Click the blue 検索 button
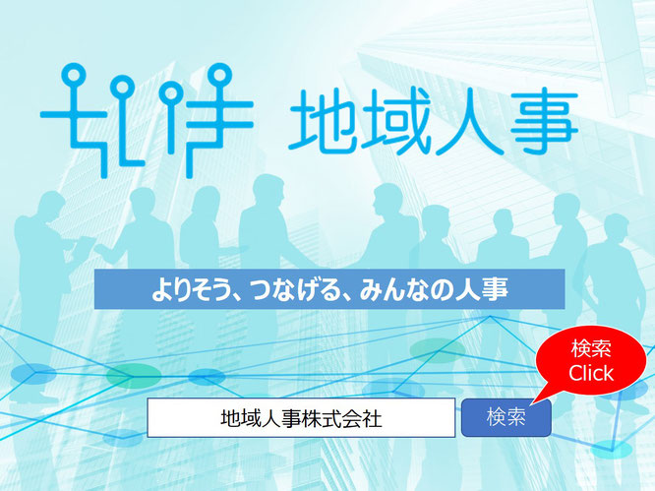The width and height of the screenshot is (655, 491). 506,417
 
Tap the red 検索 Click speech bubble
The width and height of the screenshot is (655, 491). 590,360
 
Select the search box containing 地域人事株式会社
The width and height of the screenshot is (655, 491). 301,417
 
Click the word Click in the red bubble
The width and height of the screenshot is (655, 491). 591,373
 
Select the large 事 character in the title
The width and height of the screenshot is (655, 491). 544,121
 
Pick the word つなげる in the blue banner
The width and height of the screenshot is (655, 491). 288,289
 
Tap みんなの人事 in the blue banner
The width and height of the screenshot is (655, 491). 433,289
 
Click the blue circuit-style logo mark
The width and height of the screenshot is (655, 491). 147,120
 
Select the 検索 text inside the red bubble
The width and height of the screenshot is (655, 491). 591,348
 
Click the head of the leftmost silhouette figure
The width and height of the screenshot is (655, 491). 49,206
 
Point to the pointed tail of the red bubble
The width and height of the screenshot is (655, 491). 531,403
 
